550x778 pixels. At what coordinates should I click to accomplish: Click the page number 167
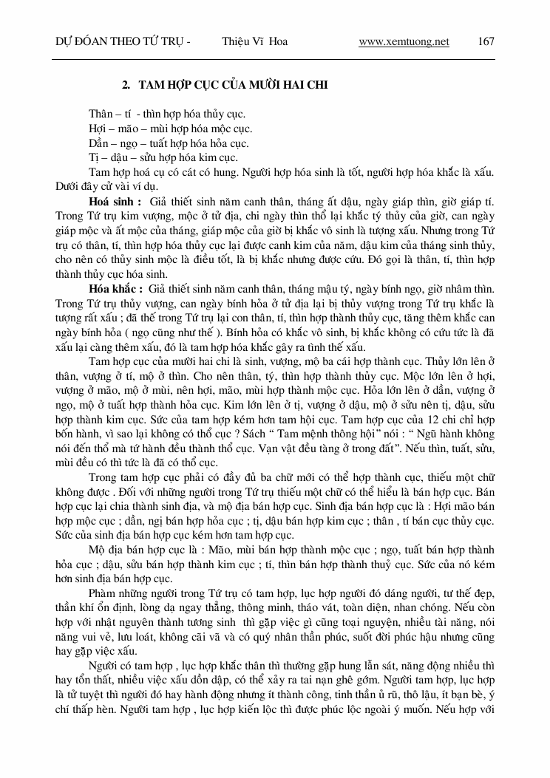tap(486, 41)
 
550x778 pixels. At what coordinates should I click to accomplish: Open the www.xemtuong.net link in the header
tap(404, 41)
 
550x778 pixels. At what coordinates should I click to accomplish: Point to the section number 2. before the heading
tap(126, 86)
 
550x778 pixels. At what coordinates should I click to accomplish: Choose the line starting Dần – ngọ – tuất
tap(169, 143)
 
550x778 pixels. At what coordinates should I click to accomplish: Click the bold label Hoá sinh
tap(113, 201)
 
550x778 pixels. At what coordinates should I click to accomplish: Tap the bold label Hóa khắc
tap(114, 287)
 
